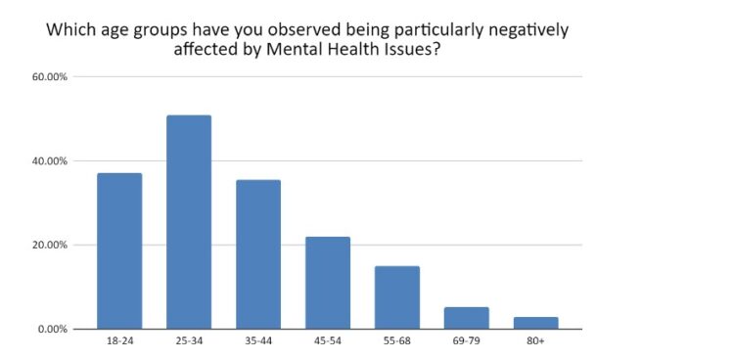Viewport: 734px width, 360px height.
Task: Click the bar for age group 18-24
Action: coord(119,250)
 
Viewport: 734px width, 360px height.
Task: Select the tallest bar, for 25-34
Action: coord(189,222)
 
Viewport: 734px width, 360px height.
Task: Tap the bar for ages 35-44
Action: coord(258,254)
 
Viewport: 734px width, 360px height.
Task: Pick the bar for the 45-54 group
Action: coord(328,283)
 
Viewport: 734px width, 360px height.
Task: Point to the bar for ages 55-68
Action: coord(397,297)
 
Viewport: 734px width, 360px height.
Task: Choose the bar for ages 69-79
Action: coord(467,318)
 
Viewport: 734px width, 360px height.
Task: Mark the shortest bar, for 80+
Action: coord(535,323)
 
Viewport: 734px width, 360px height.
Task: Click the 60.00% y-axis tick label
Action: coord(50,77)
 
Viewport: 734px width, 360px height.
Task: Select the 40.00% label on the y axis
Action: coord(50,161)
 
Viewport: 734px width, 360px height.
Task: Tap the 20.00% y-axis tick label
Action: coord(50,246)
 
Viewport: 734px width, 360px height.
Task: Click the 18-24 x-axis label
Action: coord(119,343)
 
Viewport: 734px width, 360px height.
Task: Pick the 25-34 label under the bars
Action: coord(189,343)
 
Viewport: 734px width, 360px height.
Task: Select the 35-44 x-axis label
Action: coord(258,343)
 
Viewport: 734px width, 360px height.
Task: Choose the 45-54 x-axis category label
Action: coord(328,343)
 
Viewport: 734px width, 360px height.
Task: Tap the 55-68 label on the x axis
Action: coord(397,343)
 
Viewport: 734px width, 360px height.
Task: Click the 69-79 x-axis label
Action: coord(467,343)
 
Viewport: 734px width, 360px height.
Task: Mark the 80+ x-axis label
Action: coord(535,343)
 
